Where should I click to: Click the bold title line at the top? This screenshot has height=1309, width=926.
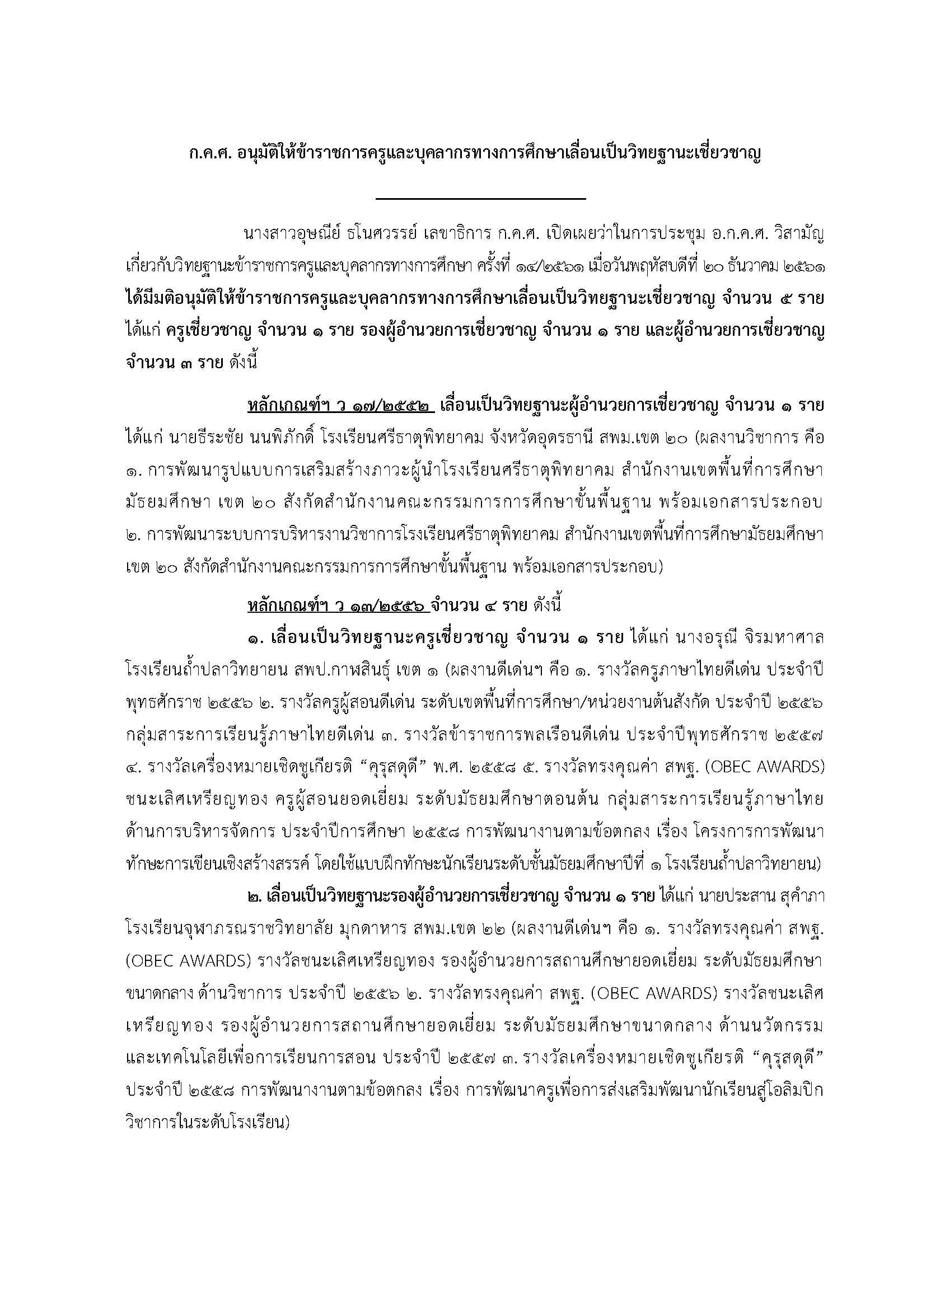tap(475, 155)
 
